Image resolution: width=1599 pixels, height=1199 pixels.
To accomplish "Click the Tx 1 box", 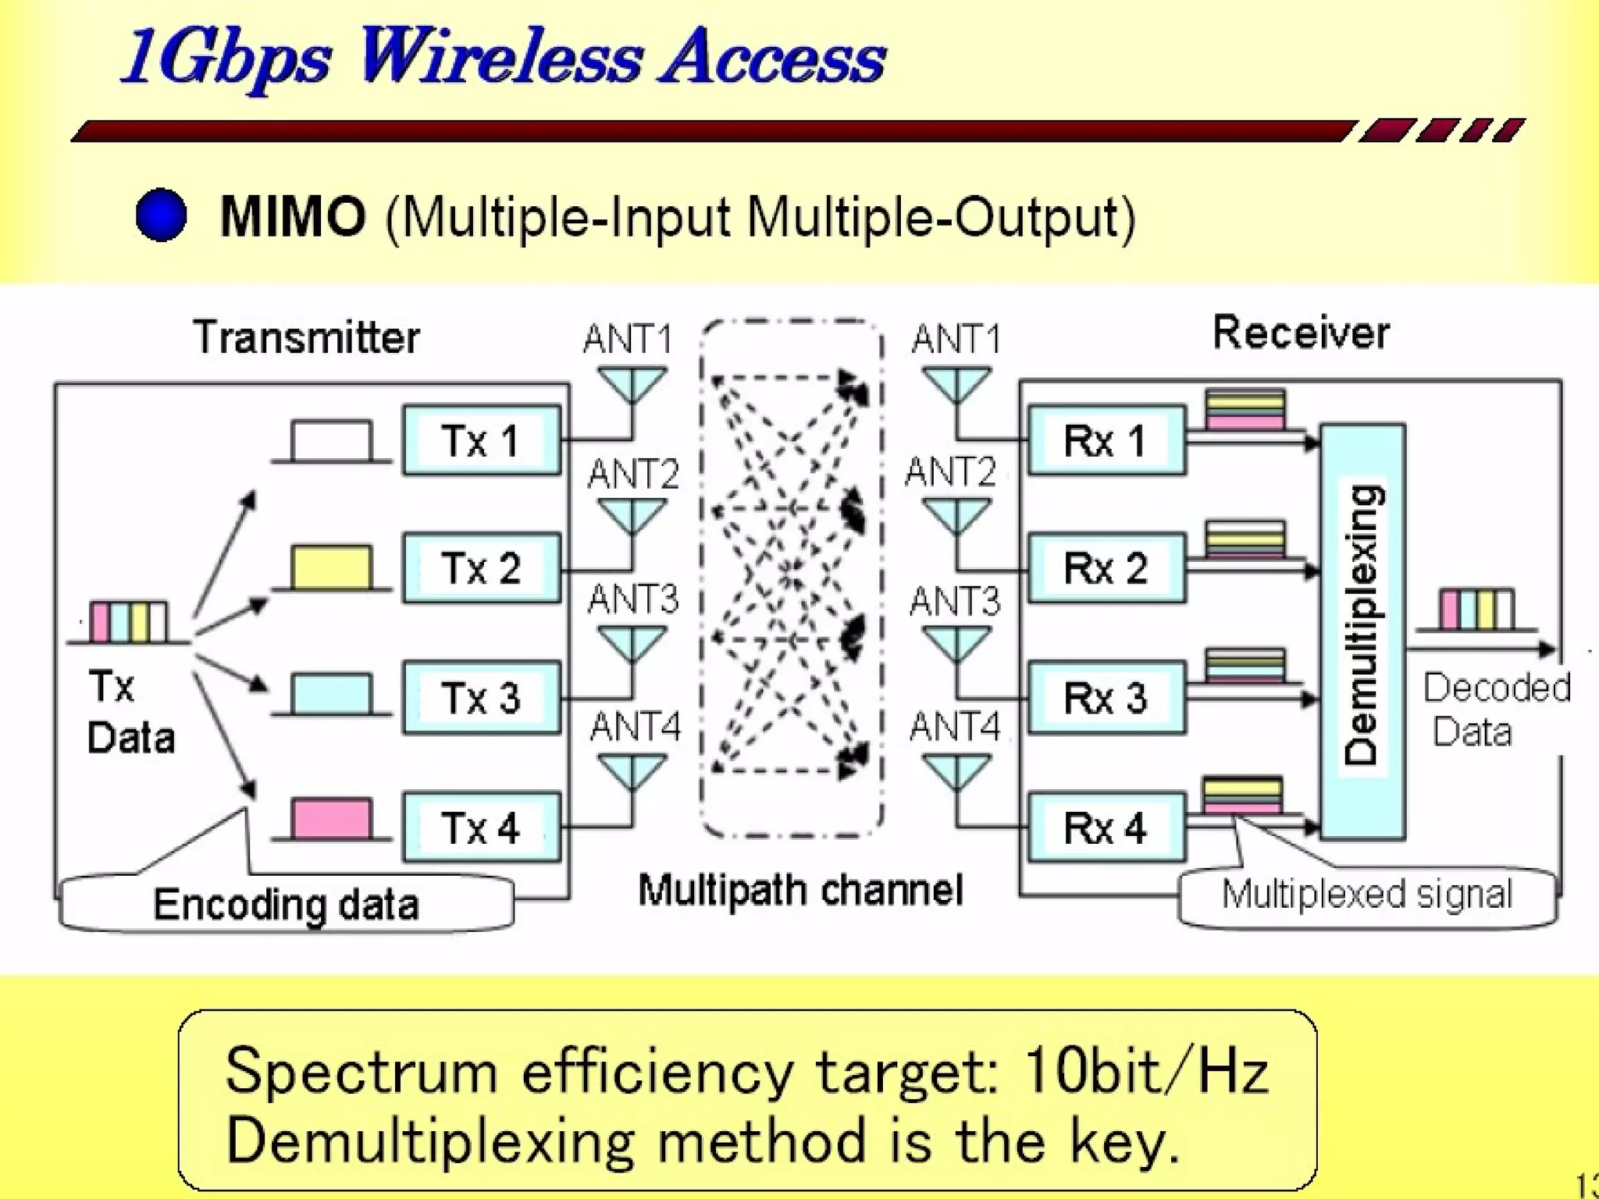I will click(482, 440).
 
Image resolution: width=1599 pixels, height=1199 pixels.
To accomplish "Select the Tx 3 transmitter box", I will click(482, 697).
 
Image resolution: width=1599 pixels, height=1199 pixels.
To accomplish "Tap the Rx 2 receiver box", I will click(1106, 568).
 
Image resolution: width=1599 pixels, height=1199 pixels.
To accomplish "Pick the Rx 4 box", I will click(1106, 827).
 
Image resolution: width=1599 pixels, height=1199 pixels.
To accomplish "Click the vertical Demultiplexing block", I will click(1362, 631).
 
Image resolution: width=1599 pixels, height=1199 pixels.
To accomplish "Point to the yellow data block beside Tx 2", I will click(331, 567).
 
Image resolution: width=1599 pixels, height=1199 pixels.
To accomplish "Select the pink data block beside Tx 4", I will click(331, 819).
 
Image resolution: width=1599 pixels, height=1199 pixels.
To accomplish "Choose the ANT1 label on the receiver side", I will click(956, 340).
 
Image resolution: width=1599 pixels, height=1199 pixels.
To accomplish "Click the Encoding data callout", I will click(287, 905).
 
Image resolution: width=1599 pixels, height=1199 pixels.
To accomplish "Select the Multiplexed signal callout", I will click(1367, 895).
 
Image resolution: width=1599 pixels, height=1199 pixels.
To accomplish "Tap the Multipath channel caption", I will click(800, 890).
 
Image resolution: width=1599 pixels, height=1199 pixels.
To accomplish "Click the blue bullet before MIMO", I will click(162, 215).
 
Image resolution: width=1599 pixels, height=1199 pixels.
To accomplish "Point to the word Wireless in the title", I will click(500, 58).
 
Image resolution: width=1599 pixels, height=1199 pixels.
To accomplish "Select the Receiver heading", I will click(1301, 333).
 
